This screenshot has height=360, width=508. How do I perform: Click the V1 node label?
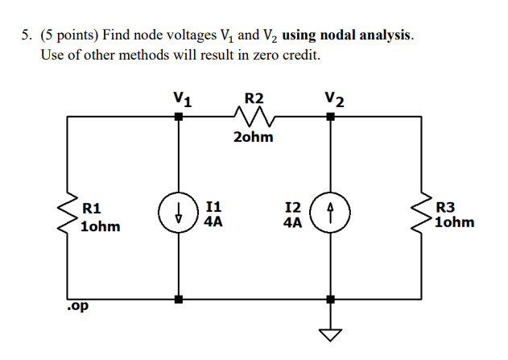183,101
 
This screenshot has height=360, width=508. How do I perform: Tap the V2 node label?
335,101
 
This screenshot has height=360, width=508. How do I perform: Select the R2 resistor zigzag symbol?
254,118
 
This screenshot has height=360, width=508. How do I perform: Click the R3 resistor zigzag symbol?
421,214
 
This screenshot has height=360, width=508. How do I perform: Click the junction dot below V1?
178,117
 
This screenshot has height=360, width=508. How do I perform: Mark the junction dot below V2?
330,117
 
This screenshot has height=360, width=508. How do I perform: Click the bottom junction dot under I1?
178,300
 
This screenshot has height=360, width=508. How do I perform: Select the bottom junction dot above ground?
330,300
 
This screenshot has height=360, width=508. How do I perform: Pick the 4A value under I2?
293,221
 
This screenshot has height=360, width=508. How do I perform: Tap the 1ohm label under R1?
101,226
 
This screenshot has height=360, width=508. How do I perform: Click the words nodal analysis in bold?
366,36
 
